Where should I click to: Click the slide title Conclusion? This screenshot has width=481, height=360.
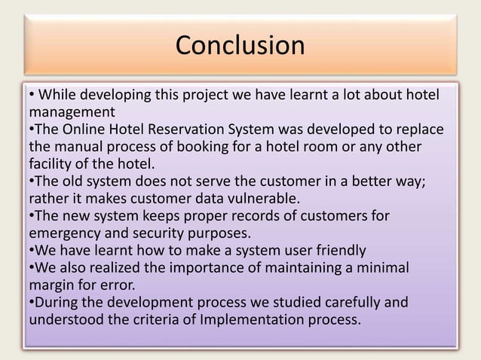[240, 45]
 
